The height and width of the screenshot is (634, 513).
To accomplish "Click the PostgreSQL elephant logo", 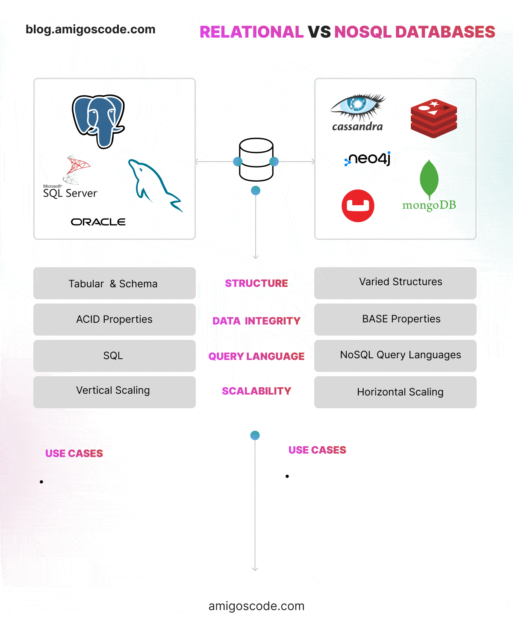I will pos(98,121).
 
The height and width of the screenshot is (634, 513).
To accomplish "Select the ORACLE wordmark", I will pos(98,222).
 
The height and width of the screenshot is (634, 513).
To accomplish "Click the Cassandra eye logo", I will pos(358,112).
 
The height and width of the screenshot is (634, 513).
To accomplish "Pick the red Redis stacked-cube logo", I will pos(434,118).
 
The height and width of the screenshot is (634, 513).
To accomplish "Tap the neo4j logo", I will pos(368,159).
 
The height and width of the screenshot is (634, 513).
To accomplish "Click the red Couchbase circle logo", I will pos(358,206).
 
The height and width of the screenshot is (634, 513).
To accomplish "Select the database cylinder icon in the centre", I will pos(256,159).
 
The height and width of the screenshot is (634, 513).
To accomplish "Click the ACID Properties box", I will pos(115,319).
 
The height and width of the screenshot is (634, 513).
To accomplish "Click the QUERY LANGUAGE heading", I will pos(256,357).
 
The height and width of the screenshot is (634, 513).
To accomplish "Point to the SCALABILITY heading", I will pos(256,391).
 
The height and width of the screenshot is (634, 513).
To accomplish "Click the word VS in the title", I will pos(319,32).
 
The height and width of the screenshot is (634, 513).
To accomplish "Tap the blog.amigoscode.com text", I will pos(91,29).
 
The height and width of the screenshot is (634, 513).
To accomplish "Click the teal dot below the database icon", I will pos(256,191).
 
